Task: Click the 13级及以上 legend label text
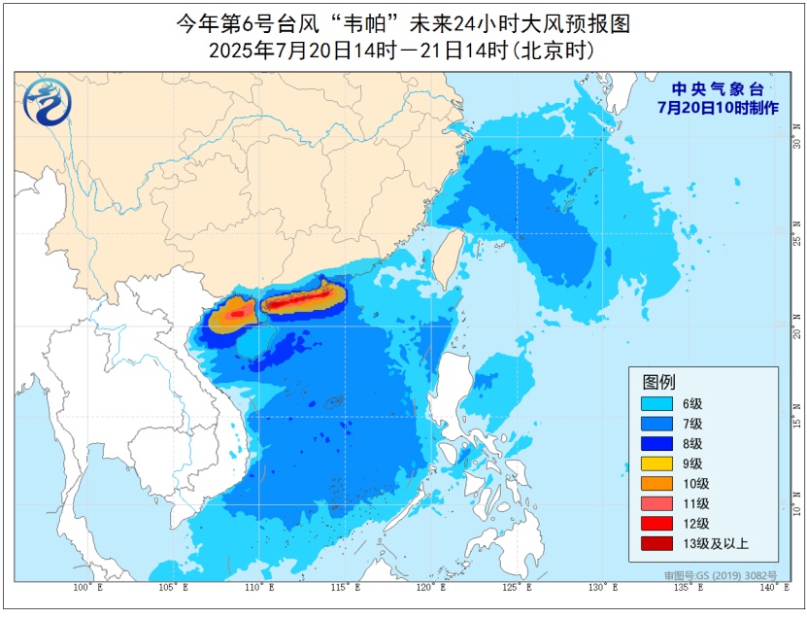coord(718,543)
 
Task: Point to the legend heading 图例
coord(657,381)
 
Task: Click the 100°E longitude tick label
coord(85,589)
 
